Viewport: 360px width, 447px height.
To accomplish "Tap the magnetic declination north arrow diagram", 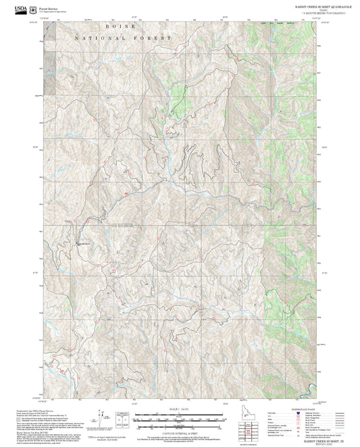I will [102, 414].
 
